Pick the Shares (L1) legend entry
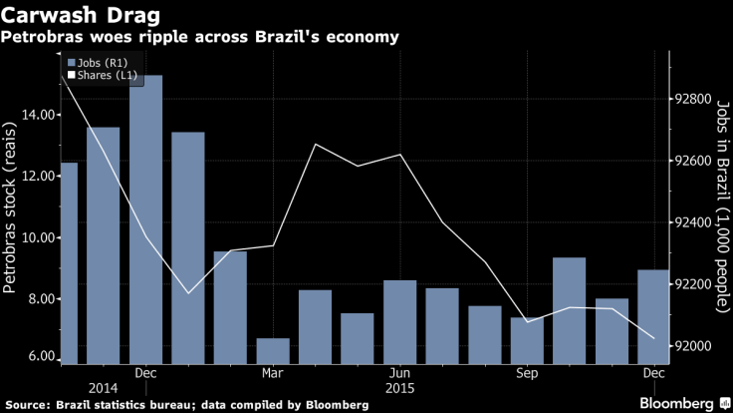click(103, 76)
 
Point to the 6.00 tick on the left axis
click(41, 357)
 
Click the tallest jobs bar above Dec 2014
click(145, 219)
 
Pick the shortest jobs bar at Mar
click(273, 351)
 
